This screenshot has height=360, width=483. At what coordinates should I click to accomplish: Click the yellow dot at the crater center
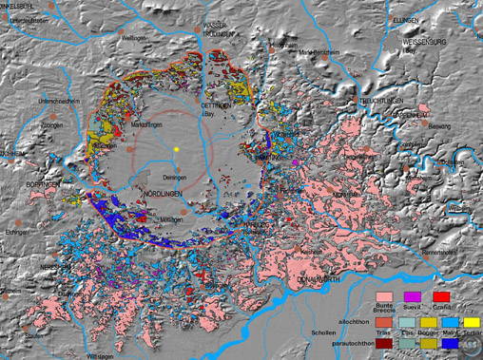tap(177, 150)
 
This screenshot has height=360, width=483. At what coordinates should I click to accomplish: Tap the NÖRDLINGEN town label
tap(164, 194)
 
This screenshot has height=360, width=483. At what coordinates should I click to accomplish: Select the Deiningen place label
tap(168, 177)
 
